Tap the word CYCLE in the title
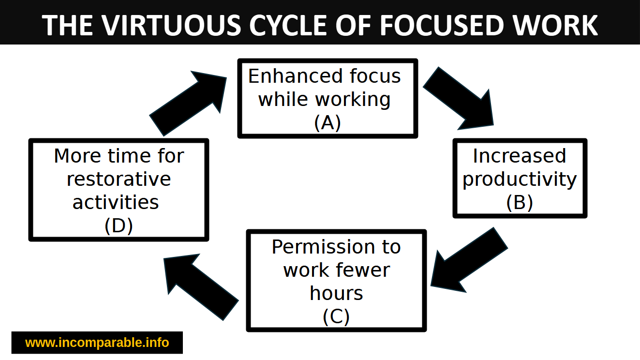coord(288,26)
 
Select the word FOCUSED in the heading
coord(442,26)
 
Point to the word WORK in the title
coord(555,26)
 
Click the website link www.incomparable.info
coord(97,343)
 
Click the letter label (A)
coord(327,122)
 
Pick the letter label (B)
coord(520,202)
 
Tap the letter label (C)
coord(336,316)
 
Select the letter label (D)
coord(119,225)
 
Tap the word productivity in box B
coord(520,180)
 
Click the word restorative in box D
coord(119,179)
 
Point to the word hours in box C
coord(336,293)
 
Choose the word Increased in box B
coord(520,156)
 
